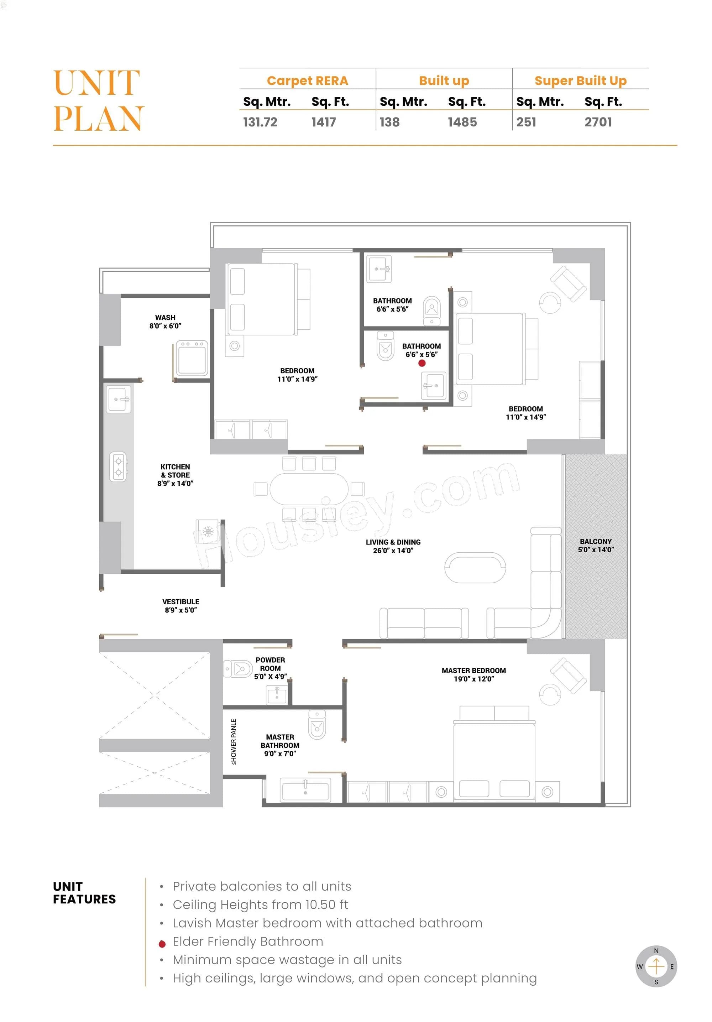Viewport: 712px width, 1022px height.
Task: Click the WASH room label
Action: pyautogui.click(x=165, y=321)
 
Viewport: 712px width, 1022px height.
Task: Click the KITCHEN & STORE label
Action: pyautogui.click(x=175, y=475)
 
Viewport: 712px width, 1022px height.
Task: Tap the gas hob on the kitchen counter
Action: pyautogui.click(x=118, y=466)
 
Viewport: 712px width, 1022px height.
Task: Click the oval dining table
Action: pyautogui.click(x=309, y=489)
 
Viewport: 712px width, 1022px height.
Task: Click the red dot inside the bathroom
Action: pyautogui.click(x=422, y=363)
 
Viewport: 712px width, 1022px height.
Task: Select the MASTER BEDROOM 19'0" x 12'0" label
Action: pyautogui.click(x=473, y=674)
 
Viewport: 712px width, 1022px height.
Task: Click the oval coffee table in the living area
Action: pyautogui.click(x=475, y=568)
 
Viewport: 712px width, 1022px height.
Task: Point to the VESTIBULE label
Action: pyautogui.click(x=181, y=606)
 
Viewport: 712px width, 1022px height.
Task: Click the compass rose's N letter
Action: pyautogui.click(x=656, y=950)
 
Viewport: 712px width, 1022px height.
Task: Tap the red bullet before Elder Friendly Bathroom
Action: pyautogui.click(x=162, y=944)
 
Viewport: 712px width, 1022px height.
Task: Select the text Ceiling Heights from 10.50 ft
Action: pyautogui.click(x=260, y=904)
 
